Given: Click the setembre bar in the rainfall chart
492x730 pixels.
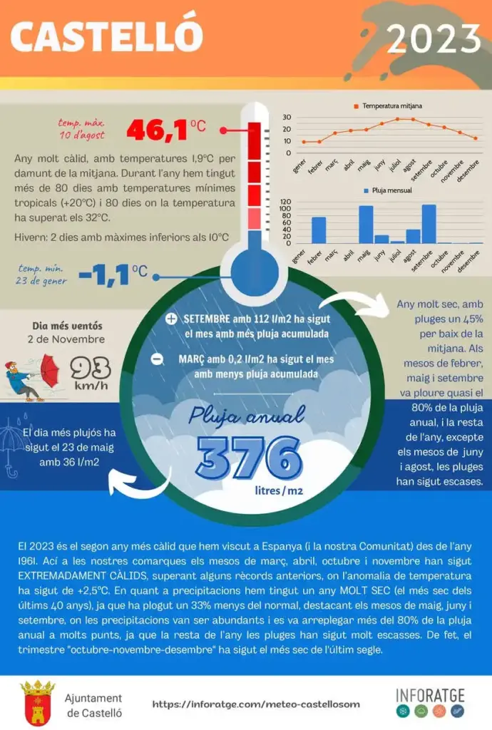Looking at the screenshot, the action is [429, 224].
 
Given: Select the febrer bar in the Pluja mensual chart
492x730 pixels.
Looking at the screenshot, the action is [319, 230].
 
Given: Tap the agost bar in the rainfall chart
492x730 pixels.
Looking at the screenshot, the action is [413, 237].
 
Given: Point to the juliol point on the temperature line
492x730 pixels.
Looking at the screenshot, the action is [397, 119].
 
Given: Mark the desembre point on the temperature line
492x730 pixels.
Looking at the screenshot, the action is [476, 138].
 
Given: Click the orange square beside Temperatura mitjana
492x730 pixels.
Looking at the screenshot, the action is [356, 107].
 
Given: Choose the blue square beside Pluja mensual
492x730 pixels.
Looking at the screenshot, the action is [367, 191].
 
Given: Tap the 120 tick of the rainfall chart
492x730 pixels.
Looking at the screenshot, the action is [285, 202].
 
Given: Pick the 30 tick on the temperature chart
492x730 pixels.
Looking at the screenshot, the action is [287, 118].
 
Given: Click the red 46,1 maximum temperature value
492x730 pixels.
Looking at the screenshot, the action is [158, 130].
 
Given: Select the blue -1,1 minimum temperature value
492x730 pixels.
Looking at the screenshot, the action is [104, 274].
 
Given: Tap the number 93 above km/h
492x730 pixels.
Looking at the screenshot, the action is [91, 369].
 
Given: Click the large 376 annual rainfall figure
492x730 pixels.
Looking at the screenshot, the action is [249, 458].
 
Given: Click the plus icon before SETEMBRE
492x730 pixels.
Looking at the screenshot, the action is [171, 319].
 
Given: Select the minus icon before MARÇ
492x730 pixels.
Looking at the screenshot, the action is [158, 359].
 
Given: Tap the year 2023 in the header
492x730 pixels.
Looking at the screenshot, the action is [434, 39].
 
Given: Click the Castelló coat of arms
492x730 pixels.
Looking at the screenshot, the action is [38, 703].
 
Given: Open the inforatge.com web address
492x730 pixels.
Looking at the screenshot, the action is [256, 704].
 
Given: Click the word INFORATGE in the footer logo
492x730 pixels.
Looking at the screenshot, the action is [430, 696].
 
